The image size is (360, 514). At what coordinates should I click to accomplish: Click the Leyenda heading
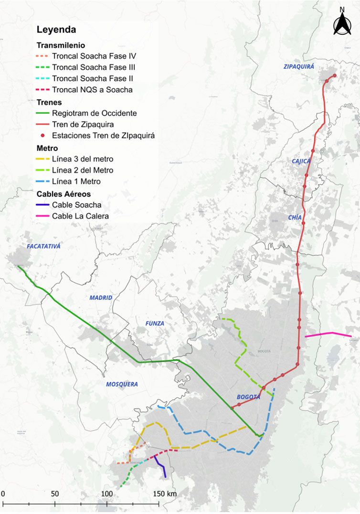tap(56, 30)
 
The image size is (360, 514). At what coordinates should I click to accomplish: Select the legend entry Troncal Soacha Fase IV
tap(94, 56)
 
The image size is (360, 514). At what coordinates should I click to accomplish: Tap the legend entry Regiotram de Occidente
tap(94, 113)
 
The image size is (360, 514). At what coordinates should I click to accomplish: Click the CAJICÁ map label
tap(301, 161)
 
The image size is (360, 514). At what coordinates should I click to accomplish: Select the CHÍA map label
tap(295, 217)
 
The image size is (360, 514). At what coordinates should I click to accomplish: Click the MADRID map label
tap(101, 298)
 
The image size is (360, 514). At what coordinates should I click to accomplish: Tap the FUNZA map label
tap(155, 324)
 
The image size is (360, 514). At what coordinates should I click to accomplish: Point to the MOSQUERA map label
tap(122, 384)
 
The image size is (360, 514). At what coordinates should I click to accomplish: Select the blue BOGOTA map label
tap(249, 397)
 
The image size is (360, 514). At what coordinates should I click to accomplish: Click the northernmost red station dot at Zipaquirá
tap(334, 75)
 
